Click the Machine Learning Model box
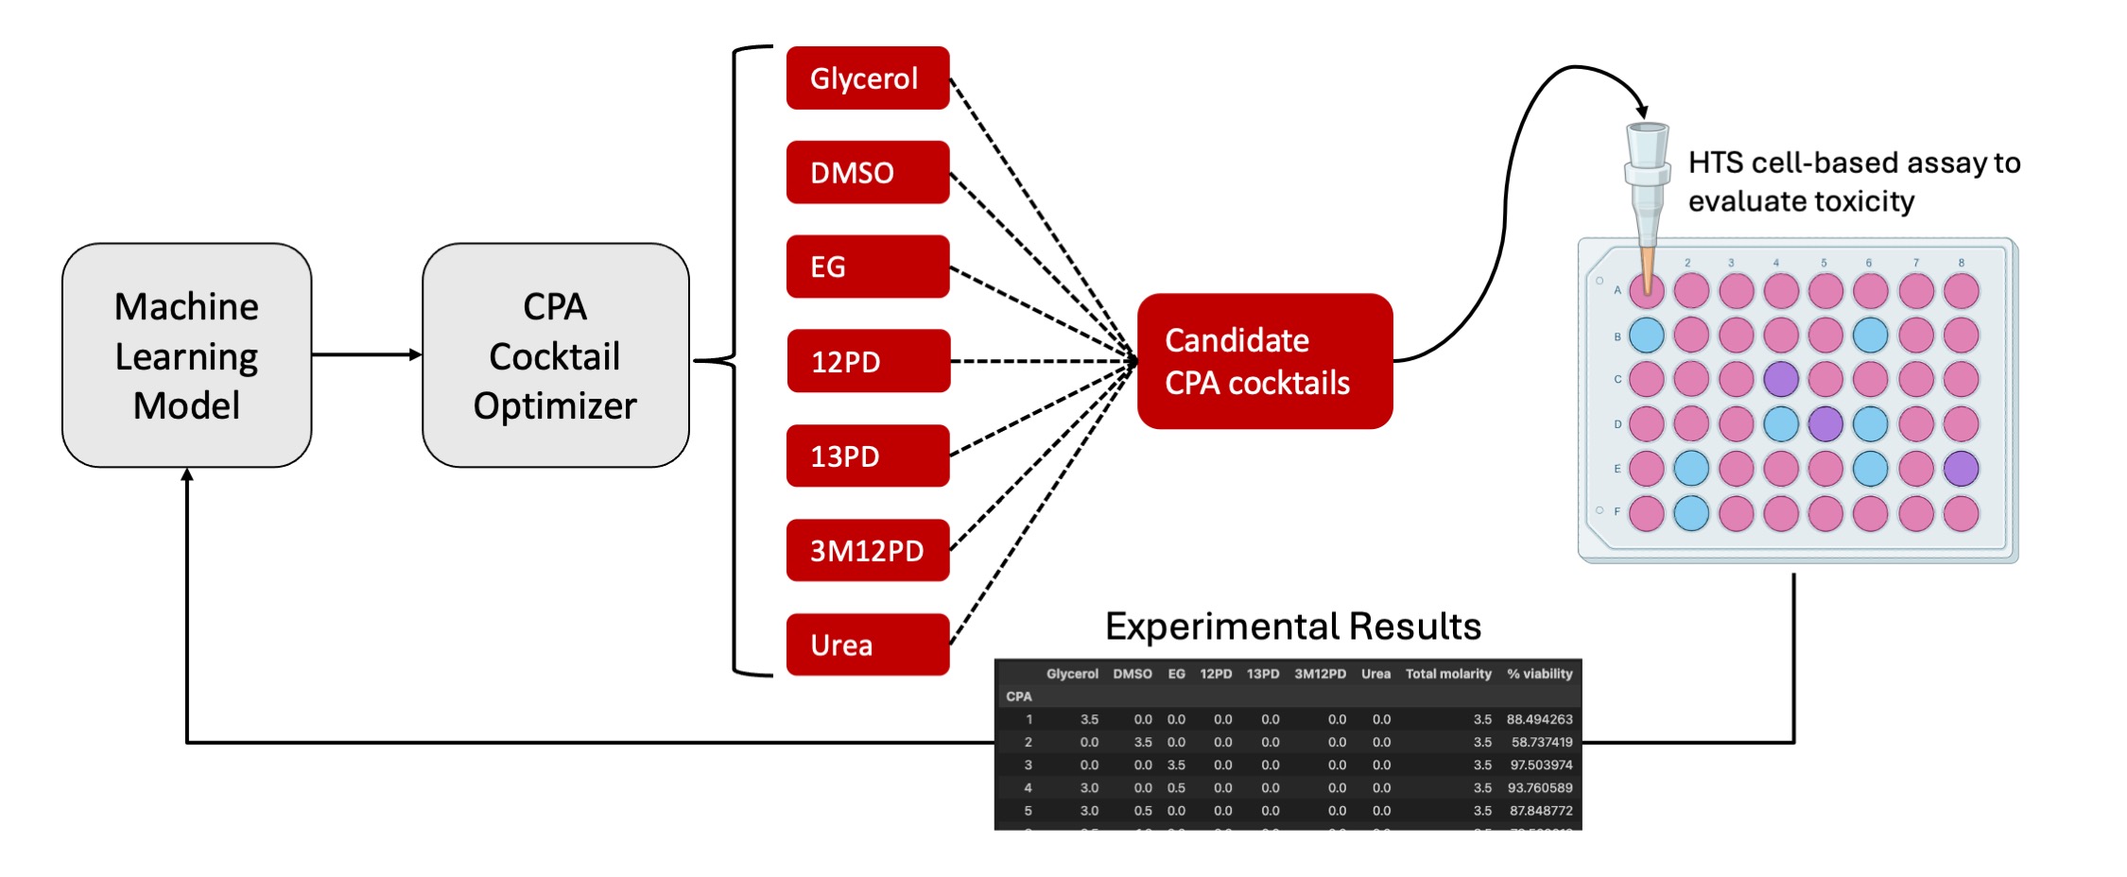pos(186,355)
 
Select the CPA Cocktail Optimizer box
pos(555,355)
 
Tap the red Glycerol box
pos(867,78)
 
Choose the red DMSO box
pos(867,172)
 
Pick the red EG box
pos(867,267)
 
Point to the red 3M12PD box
pos(867,550)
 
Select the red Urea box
pos(867,645)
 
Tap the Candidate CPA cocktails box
pos(1264,361)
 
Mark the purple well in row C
pos(1781,379)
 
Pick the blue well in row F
pos(1691,513)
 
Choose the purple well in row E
pos(1962,469)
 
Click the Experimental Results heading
pos(1292,627)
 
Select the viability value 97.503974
pos(1541,765)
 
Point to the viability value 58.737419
pos(1541,743)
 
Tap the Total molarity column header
pos(1447,674)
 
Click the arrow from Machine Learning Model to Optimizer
pos(367,355)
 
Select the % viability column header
pos(1539,674)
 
